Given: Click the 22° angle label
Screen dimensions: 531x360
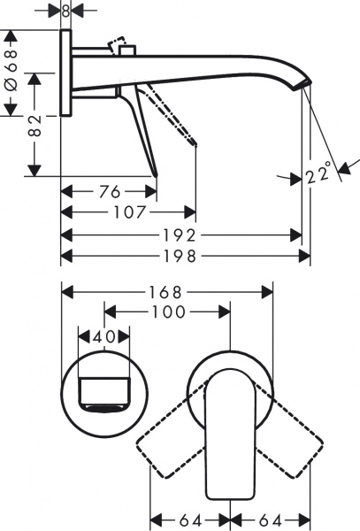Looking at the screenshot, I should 319,173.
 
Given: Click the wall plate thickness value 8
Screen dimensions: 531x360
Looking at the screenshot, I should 65,12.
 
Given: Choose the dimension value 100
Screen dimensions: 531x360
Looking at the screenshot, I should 168,312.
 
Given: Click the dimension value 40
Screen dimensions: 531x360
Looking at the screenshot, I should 104,337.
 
